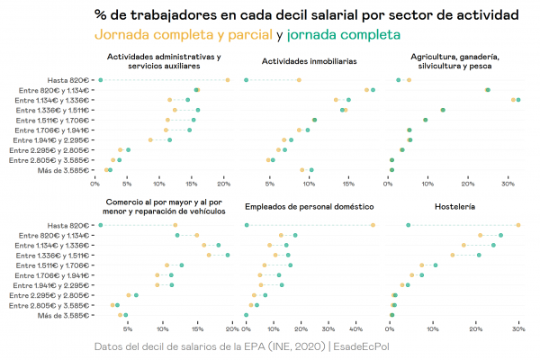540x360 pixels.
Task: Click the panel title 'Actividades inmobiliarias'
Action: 309,61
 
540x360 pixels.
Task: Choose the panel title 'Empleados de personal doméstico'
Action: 309,207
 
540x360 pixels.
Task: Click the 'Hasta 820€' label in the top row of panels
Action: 68,80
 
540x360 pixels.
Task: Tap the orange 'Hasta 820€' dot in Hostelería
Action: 517,225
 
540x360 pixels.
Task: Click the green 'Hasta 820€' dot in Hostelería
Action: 409,225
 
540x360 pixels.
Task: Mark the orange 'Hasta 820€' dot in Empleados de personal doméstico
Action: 373,225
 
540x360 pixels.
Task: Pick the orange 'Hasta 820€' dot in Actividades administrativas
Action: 228,80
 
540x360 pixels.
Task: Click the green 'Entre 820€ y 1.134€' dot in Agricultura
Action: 488,90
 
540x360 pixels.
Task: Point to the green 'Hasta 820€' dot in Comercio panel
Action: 100,225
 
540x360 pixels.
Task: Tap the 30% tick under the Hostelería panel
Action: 517,329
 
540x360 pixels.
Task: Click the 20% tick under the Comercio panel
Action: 230,329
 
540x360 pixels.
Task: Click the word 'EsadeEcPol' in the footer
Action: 370,346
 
